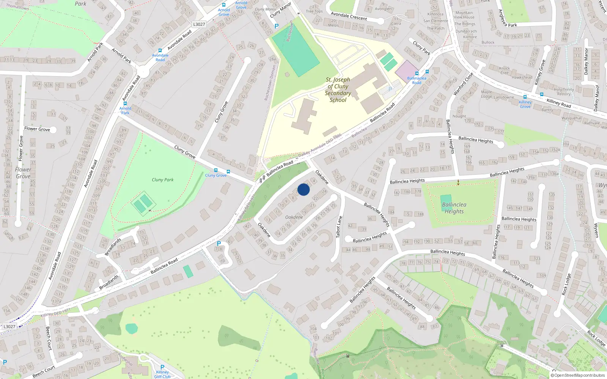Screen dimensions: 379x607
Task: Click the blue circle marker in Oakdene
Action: point(303,189)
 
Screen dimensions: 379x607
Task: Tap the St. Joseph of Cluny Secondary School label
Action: point(338,90)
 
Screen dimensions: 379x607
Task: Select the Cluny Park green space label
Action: point(162,180)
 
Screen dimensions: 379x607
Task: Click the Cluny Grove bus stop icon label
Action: point(215,175)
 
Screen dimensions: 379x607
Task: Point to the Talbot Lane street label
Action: point(339,227)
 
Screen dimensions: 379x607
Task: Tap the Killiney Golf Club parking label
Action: point(162,374)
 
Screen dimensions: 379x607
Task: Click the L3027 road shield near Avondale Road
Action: point(199,24)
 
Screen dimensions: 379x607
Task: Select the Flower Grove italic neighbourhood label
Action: point(23,173)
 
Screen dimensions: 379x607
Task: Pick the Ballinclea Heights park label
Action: point(454,208)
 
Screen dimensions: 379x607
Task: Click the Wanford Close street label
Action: point(463,84)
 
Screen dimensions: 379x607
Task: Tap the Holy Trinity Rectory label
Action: point(564,92)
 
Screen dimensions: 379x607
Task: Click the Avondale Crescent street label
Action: point(349,16)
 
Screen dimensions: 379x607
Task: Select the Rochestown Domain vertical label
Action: point(270,82)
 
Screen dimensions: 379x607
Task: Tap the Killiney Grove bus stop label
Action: point(525,104)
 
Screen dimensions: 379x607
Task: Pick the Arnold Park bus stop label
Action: point(125,111)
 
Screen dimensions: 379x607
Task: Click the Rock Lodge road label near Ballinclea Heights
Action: point(566,284)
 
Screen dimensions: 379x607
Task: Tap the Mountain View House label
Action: point(464,15)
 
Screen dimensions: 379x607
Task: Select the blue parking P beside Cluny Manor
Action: point(276,26)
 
